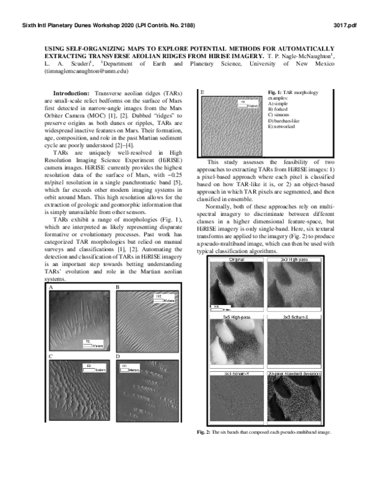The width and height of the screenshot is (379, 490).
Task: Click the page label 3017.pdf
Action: pyautogui.click(x=351, y=25)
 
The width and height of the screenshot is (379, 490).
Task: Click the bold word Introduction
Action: pyautogui.click(x=73, y=93)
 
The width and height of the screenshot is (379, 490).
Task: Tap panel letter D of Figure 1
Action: pyautogui.click(x=118, y=357)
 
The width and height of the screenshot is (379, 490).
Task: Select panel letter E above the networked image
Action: pyautogui.click(x=202, y=93)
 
